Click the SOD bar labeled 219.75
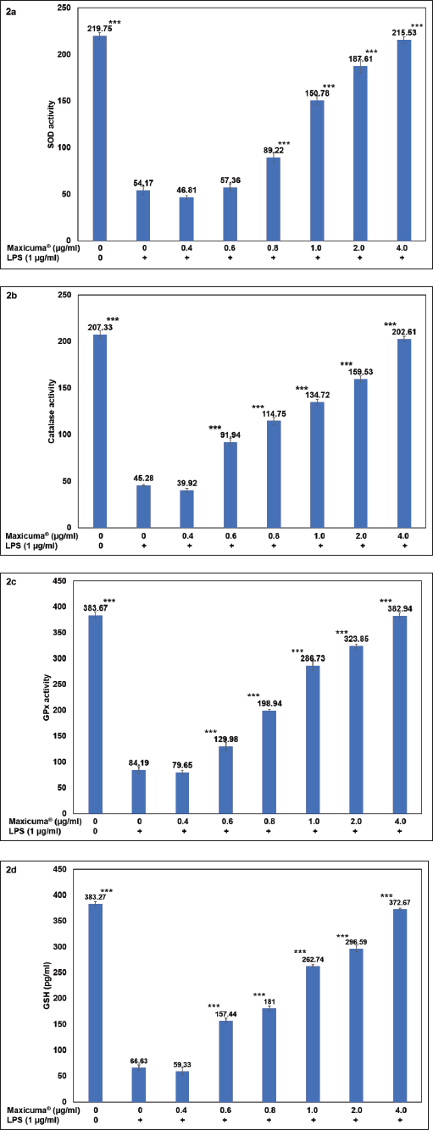click(x=100, y=138)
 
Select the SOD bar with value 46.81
click(x=186, y=219)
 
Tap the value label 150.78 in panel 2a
click(x=316, y=93)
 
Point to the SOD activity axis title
click(x=51, y=125)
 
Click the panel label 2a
click(x=11, y=12)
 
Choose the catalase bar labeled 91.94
click(x=230, y=485)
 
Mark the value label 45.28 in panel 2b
click(x=143, y=478)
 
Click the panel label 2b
click(x=11, y=296)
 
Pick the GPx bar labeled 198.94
click(x=269, y=762)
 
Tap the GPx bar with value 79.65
click(x=182, y=793)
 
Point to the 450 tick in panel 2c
click(x=60, y=581)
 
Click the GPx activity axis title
click(x=47, y=697)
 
